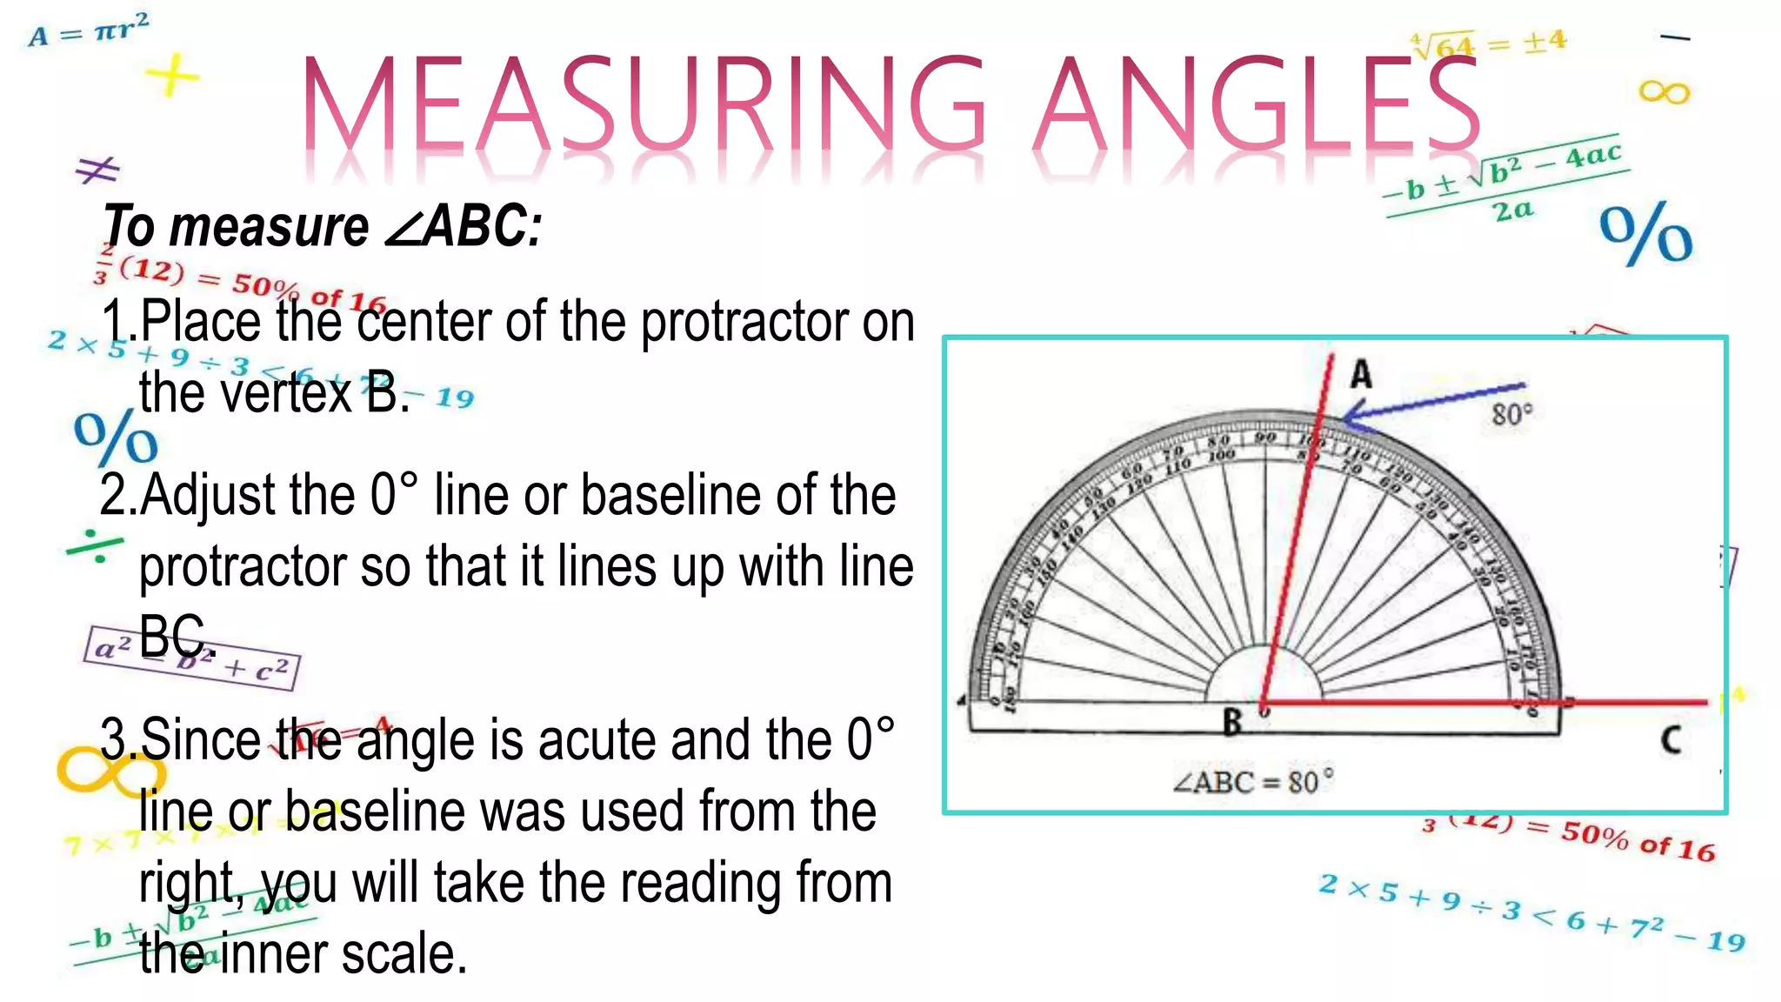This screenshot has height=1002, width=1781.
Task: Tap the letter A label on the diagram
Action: click(1361, 375)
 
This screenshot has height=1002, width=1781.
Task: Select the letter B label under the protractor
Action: click(1232, 723)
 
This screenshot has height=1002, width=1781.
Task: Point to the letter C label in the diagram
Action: click(1671, 740)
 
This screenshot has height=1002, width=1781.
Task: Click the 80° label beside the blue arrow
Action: click(1512, 414)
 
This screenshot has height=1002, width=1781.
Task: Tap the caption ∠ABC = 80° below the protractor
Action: click(1252, 782)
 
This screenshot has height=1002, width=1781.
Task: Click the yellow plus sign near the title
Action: click(173, 76)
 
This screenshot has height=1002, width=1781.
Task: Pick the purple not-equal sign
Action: click(97, 170)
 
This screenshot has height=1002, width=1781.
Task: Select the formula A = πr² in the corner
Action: click(89, 30)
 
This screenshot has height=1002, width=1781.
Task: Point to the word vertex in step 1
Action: click(288, 393)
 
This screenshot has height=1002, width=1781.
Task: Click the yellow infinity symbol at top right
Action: click(1664, 91)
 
